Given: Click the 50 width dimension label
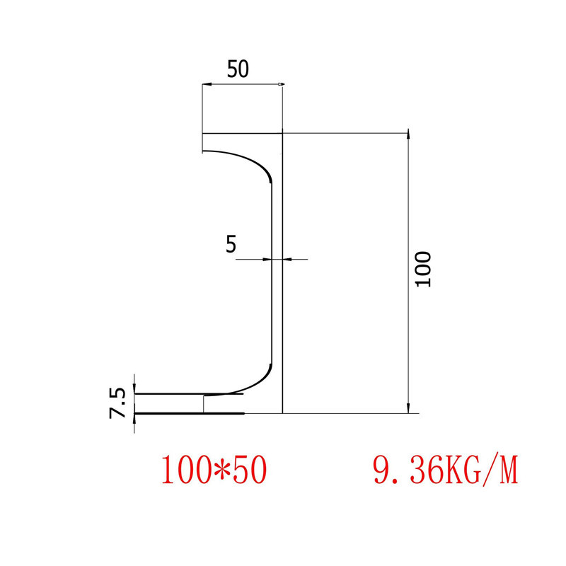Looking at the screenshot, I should pos(238,69).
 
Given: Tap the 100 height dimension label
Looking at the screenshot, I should pos(423,269).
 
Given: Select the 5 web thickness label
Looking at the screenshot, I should pos(231,244).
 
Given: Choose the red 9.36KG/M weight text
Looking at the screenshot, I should pos(445,470).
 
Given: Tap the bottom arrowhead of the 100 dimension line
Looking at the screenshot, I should pos(408,408).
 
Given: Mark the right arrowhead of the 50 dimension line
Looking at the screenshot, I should pos(280,86).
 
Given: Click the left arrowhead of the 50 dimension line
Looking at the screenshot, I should pos(205,86).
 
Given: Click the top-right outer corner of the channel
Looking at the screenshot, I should pos(282,133).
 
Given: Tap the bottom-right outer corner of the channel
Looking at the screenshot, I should pos(282,412).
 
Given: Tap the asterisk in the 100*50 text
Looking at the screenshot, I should pos(214,470).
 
